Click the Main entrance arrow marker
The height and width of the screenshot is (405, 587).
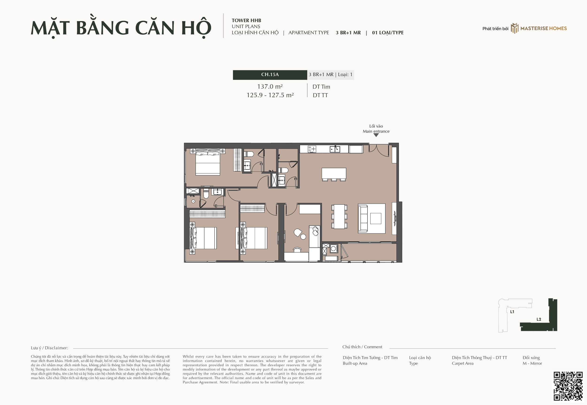[x=376, y=135]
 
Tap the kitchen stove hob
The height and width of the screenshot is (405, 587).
[x=312, y=149]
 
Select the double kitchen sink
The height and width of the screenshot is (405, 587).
[x=335, y=149]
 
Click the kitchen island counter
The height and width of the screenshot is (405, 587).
[x=334, y=173]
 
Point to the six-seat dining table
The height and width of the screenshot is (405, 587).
[x=339, y=216]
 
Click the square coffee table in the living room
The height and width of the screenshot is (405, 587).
[x=375, y=218]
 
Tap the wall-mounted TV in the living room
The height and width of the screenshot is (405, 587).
[x=394, y=218]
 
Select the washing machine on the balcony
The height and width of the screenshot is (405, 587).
[x=334, y=249]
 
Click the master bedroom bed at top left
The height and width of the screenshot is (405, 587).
[x=208, y=162]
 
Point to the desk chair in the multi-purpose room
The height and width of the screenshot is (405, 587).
[x=297, y=250]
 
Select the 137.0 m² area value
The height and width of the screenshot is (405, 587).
[x=270, y=86]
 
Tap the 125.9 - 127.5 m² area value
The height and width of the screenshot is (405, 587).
[x=270, y=95]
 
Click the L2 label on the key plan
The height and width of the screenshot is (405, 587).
[x=539, y=319]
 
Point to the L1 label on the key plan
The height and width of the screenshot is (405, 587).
[x=512, y=312]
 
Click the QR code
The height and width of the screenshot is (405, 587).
[x=568, y=386]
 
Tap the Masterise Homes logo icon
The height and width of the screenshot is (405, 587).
[x=514, y=28]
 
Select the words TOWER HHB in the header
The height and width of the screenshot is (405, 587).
[x=246, y=20]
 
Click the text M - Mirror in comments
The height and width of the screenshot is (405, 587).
[x=532, y=363]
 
